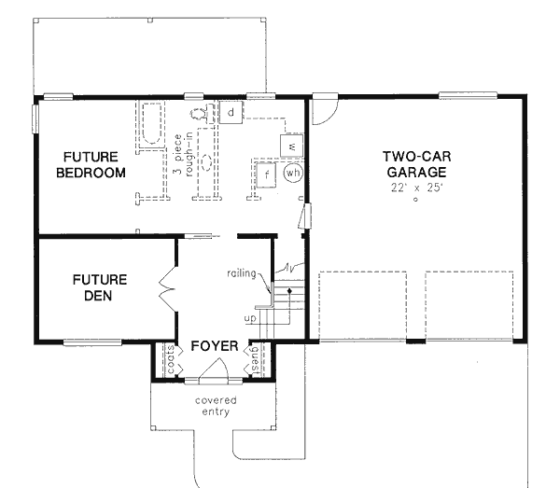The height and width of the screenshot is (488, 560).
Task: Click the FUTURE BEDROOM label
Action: click(90, 164)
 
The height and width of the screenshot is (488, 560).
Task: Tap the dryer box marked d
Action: click(231, 113)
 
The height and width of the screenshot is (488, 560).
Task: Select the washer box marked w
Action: click(292, 146)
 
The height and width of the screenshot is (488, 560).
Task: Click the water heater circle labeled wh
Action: click(294, 174)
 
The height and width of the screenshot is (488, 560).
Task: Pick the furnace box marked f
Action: click(267, 174)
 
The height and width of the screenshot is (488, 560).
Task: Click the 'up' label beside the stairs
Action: click(249, 319)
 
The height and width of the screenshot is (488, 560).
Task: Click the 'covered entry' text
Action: click(216, 406)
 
